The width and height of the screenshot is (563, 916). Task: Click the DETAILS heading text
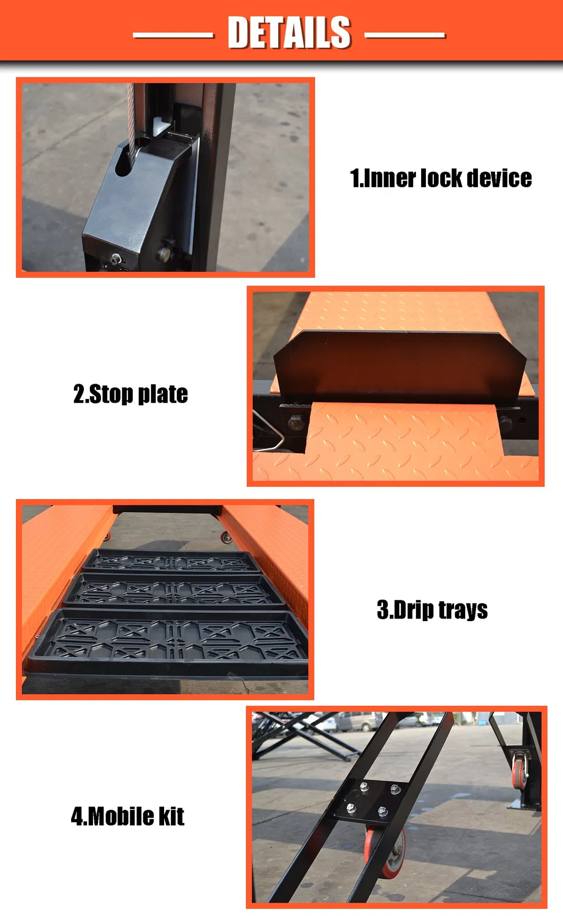(x=289, y=32)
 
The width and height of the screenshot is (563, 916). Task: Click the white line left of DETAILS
(x=173, y=36)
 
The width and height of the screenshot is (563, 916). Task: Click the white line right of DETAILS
(x=405, y=36)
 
